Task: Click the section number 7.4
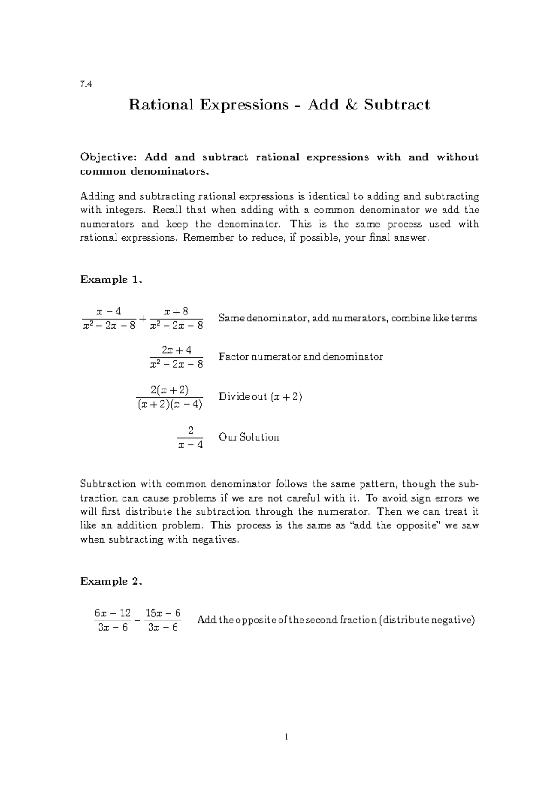[86, 84]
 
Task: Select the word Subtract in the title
[397, 105]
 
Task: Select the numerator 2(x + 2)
[170, 389]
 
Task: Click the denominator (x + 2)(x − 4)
[170, 404]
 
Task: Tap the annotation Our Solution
[249, 437]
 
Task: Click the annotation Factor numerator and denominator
[300, 357]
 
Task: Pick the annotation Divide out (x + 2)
[260, 397]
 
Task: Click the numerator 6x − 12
[113, 613]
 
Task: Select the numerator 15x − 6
[163, 613]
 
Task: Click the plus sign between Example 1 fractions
[143, 318]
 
